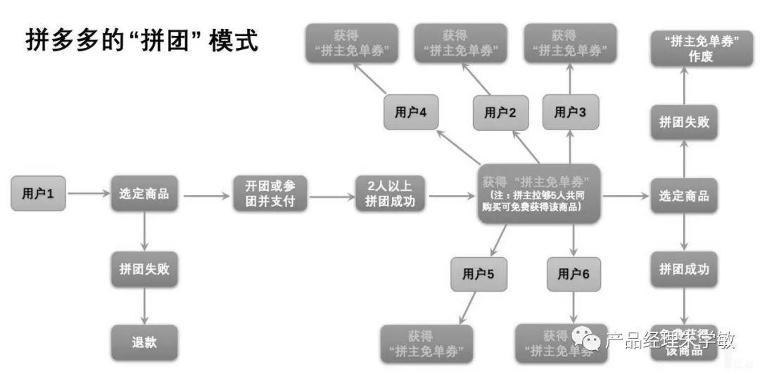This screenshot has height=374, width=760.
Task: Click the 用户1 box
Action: point(39,194)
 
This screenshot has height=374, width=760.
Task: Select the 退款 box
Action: point(144,342)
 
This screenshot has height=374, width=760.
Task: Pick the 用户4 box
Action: point(411,113)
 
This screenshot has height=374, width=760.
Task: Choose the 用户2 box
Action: point(501,113)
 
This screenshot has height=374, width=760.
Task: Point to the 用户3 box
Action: point(570,113)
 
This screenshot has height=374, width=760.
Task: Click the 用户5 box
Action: point(479,275)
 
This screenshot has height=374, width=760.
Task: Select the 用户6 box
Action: point(574,275)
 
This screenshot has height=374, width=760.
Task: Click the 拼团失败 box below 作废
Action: point(684,123)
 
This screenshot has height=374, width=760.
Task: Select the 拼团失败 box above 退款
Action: point(144,269)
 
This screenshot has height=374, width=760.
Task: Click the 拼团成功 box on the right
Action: point(684,269)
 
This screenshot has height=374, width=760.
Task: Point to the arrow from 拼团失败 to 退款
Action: point(144,306)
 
